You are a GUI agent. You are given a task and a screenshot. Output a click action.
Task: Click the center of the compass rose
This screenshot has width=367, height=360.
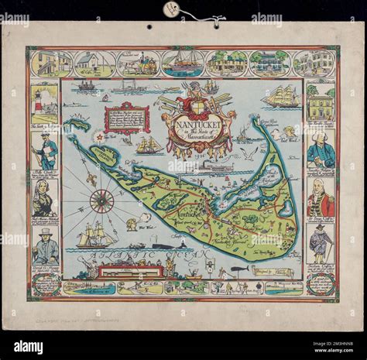point(101,201)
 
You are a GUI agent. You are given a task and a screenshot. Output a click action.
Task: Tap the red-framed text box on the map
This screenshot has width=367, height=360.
point(127,118)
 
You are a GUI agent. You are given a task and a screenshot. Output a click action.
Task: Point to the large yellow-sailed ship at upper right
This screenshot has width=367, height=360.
point(280,97)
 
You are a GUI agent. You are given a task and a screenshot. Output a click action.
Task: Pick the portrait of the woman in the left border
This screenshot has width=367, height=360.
point(44,201)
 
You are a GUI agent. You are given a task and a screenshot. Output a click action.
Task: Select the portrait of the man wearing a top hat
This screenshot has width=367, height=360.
point(45,247)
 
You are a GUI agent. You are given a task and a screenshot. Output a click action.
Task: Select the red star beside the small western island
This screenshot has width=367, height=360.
point(98,136)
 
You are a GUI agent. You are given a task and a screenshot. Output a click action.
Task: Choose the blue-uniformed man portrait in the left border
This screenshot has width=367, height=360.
point(45,151)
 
